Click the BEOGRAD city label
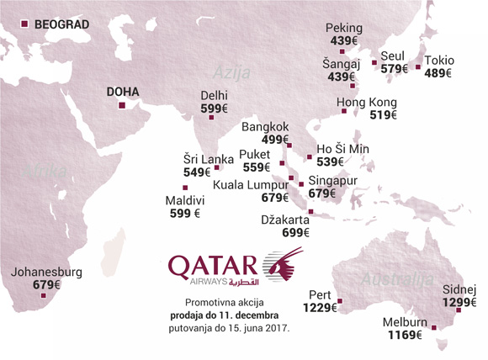click(x=61, y=24)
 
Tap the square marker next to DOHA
click(x=121, y=106)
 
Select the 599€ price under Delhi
click(x=214, y=109)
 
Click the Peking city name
click(x=344, y=29)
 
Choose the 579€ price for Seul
click(x=395, y=69)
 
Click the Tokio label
click(x=439, y=61)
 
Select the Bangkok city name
click(x=264, y=127)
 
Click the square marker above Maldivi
click(x=185, y=187)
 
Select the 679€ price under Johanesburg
click(x=47, y=285)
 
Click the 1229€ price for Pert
click(x=321, y=308)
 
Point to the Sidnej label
click(x=461, y=289)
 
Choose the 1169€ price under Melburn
click(x=405, y=336)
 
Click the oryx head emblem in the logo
click(x=284, y=266)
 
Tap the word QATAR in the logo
click(x=215, y=266)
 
